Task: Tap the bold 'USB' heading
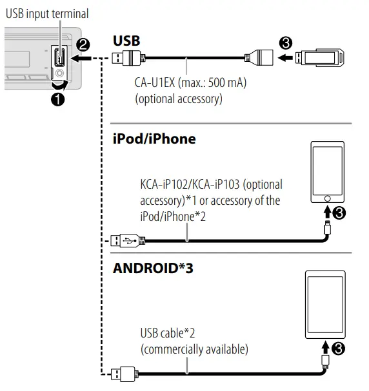click(x=126, y=41)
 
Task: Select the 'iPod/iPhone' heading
click(x=154, y=138)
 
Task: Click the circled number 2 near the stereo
click(x=82, y=46)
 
